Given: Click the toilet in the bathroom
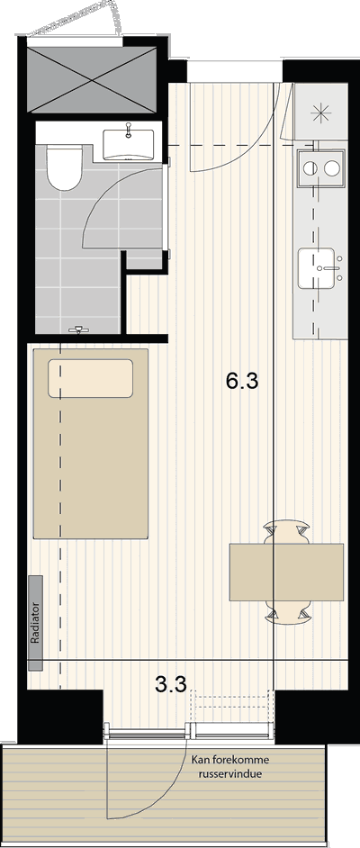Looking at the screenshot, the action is tap(64, 167).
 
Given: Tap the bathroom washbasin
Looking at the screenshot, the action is tap(128, 144).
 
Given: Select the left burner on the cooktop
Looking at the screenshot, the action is tap(310, 168).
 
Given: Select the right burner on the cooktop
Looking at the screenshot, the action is tap(332, 168).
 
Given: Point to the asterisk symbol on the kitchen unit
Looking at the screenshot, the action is tap(321, 113).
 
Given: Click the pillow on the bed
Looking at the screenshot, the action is tap(90, 378).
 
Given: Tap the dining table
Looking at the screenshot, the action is tap(286, 572).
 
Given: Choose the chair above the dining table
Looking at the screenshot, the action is tap(286, 533).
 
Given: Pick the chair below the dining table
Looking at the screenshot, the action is tap(286, 611).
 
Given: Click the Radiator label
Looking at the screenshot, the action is tap(36, 622).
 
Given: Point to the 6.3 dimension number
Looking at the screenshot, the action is tap(242, 382).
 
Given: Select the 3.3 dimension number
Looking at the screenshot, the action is tap(171, 685).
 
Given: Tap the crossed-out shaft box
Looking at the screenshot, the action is tap(92, 79).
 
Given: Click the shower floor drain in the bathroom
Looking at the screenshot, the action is tap(79, 329).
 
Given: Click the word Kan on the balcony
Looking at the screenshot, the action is tap(198, 760).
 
